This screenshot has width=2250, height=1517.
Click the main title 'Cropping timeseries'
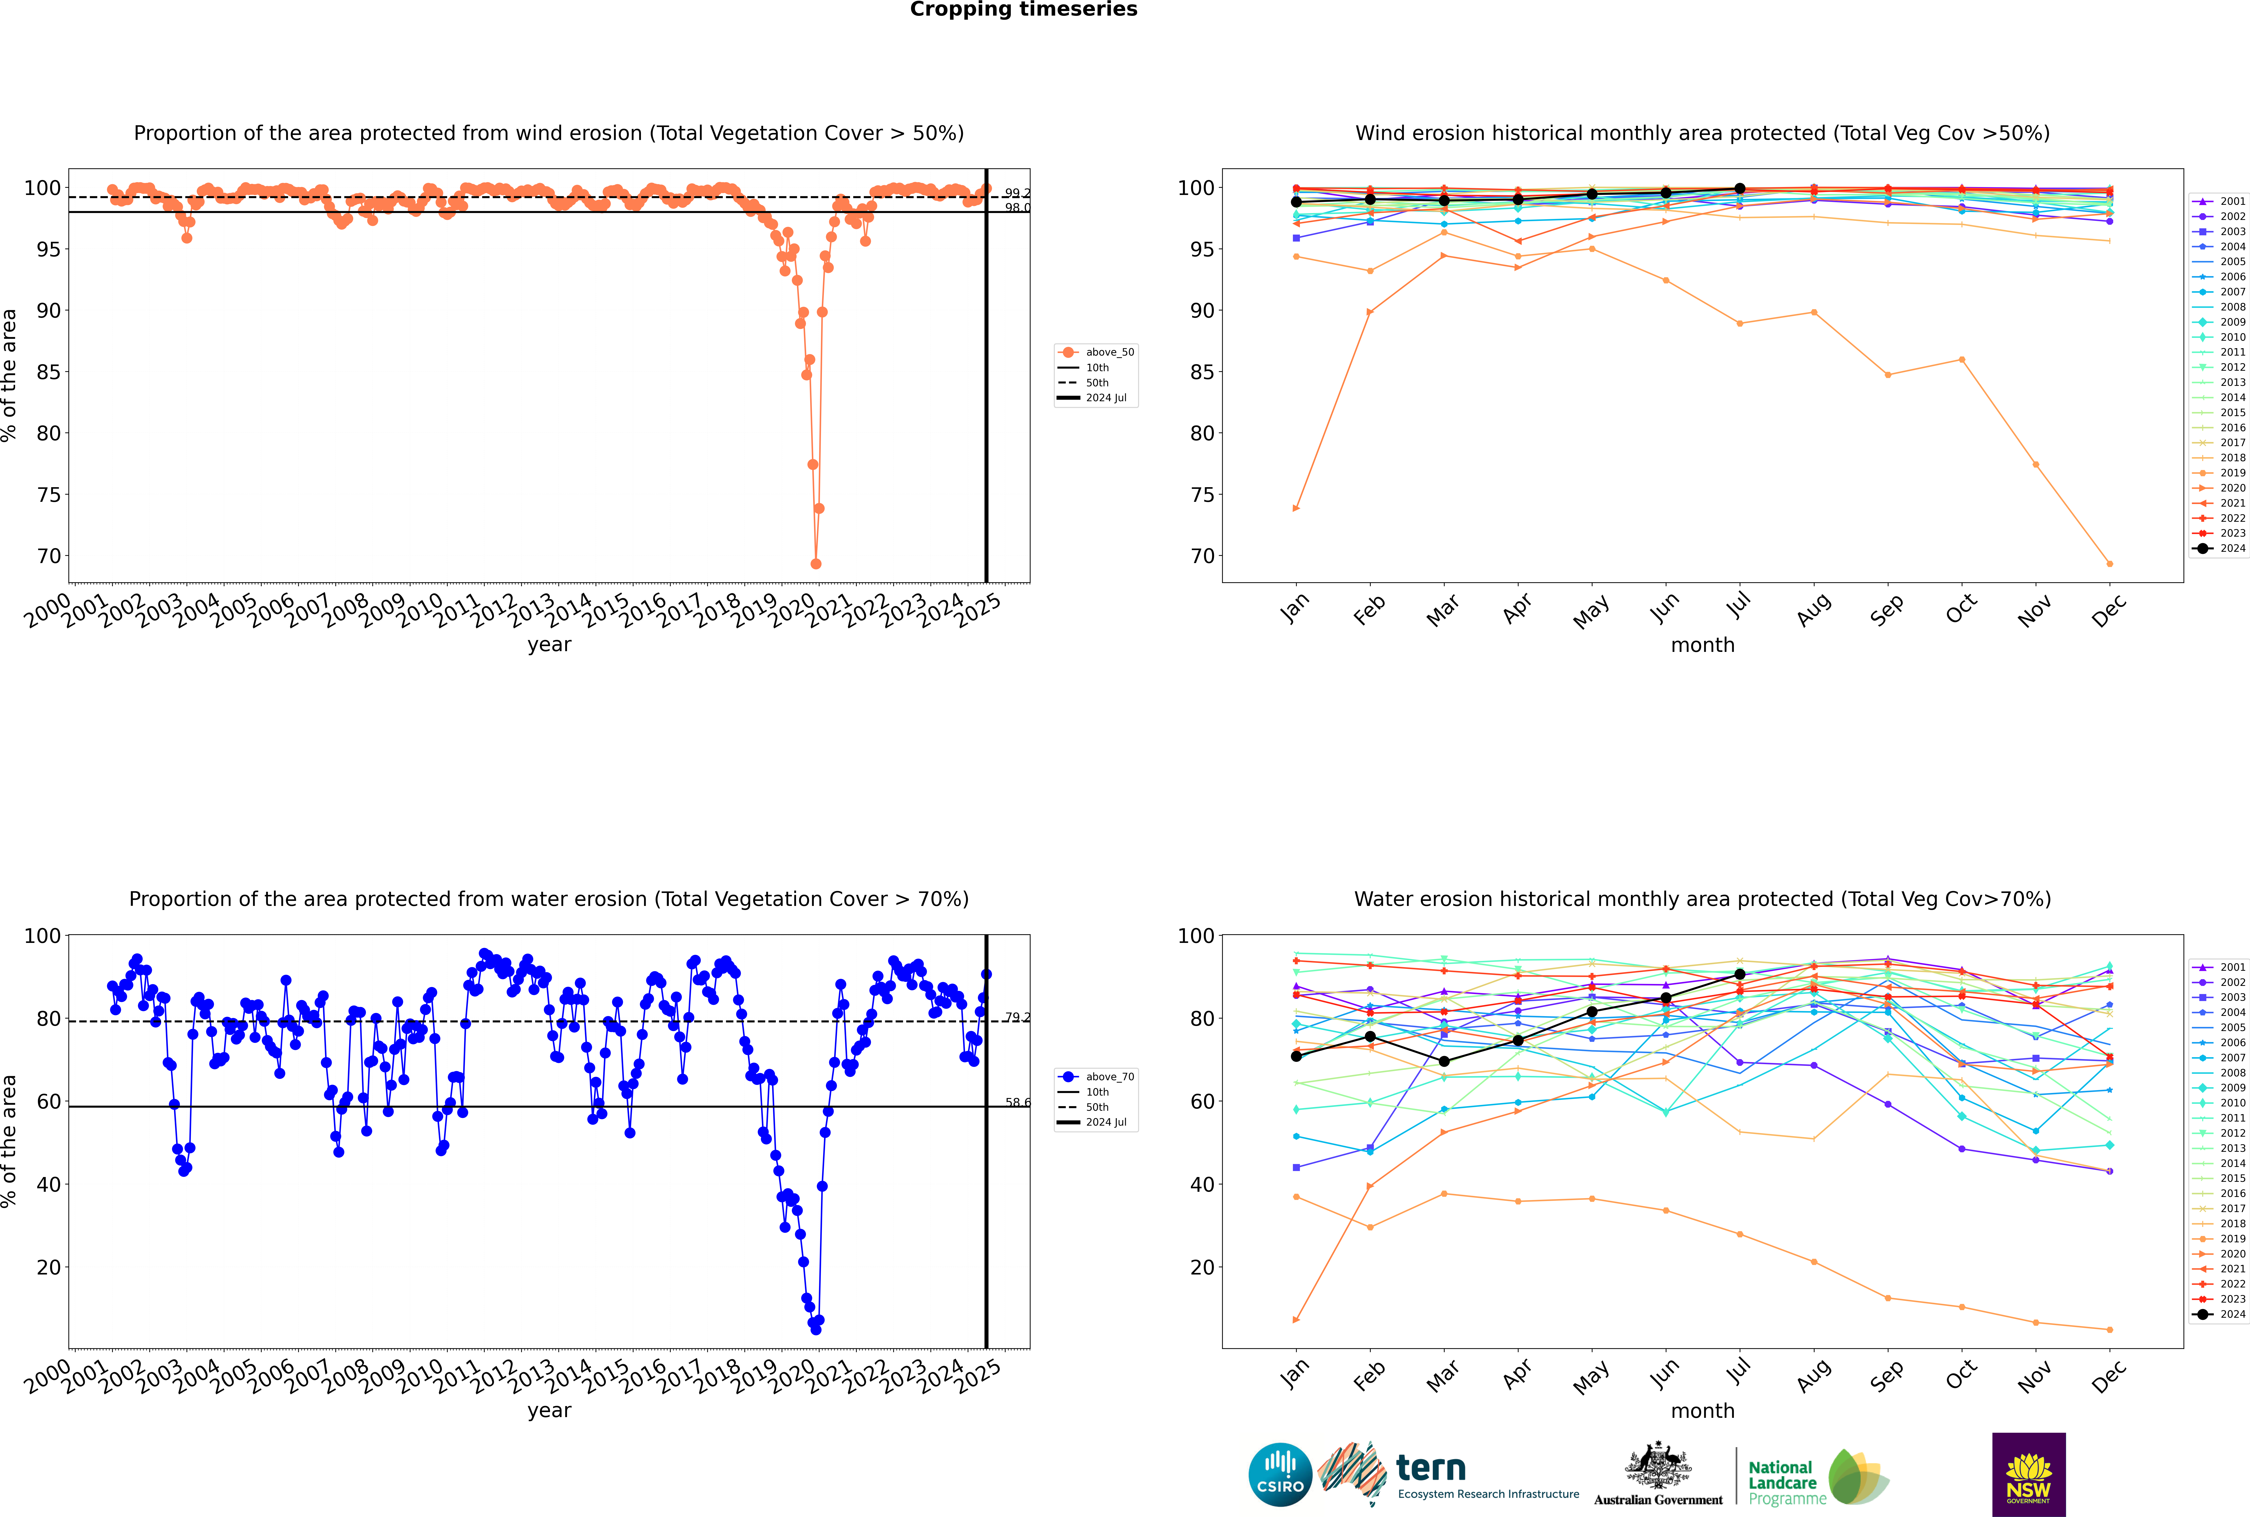click(x=1023, y=10)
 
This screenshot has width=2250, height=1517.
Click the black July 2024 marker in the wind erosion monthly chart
click(x=1739, y=189)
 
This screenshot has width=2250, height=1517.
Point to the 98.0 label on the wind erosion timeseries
click(x=1017, y=208)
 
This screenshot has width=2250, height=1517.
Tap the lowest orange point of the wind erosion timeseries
click(x=815, y=564)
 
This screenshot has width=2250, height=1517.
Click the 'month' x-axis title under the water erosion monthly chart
click(x=1702, y=1411)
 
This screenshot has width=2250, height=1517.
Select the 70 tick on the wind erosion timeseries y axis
click(x=48, y=556)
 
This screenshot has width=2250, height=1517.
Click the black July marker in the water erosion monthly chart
click(x=1739, y=974)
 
